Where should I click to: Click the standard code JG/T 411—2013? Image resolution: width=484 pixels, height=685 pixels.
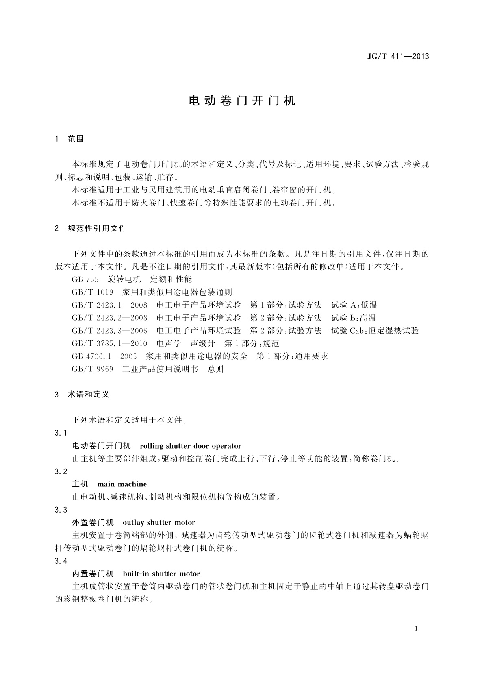(x=398, y=57)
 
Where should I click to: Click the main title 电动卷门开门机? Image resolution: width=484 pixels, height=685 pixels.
(x=242, y=101)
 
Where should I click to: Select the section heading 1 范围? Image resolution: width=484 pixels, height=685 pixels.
(x=69, y=139)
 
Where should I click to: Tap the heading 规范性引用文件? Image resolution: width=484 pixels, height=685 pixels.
(x=97, y=229)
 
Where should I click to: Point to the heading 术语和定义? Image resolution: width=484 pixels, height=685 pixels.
(x=89, y=395)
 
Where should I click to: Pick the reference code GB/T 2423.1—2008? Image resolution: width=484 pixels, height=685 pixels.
(x=110, y=305)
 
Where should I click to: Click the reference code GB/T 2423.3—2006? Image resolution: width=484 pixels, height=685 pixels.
(x=110, y=331)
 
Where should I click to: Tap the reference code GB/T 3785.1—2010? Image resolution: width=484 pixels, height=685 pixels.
(x=110, y=344)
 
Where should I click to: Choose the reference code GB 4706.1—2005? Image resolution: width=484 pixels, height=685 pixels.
(x=104, y=356)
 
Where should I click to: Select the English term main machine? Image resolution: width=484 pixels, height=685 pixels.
(x=122, y=484)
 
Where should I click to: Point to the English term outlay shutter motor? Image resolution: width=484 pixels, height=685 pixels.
(x=159, y=522)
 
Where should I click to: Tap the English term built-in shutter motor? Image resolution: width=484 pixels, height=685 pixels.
(x=161, y=574)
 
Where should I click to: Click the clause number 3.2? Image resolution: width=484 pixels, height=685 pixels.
(x=61, y=472)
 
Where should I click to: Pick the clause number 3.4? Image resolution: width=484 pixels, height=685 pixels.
(x=61, y=561)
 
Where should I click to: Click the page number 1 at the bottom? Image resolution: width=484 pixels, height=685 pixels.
(x=417, y=629)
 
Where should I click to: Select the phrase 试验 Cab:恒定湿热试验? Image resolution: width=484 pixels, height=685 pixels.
(x=375, y=331)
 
